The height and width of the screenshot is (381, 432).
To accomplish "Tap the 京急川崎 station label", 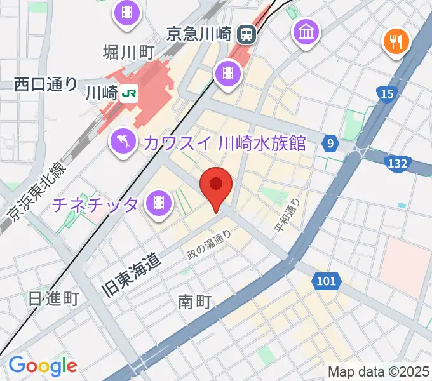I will tap(200, 34).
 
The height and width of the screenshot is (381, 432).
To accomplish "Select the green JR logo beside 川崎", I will tap(130, 93).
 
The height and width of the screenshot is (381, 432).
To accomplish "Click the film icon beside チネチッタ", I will tap(158, 204).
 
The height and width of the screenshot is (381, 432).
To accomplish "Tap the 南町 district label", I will tap(194, 302).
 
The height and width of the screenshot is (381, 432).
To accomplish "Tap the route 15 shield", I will tap(388, 95).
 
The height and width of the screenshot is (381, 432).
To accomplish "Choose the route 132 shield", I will tap(396, 164).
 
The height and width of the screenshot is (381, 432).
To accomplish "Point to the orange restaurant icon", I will tap(396, 42).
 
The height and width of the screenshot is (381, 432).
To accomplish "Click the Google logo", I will tap(43, 365).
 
